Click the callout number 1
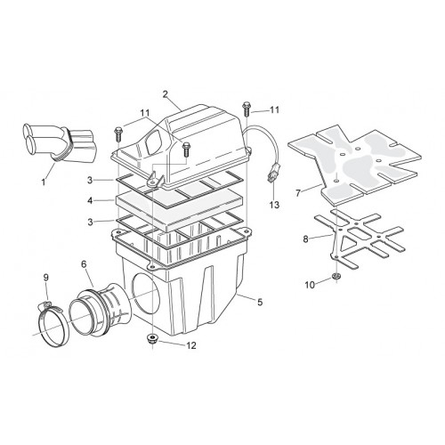44,182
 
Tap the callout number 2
166,94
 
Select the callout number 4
90,201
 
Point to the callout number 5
260,303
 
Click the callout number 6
84,264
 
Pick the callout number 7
298,193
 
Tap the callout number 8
306,239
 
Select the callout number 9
46,278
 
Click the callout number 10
310,285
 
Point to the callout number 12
191,345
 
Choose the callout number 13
274,205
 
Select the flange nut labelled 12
152,338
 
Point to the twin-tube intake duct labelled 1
61,142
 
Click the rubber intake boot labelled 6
101,310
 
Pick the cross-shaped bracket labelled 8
360,237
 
